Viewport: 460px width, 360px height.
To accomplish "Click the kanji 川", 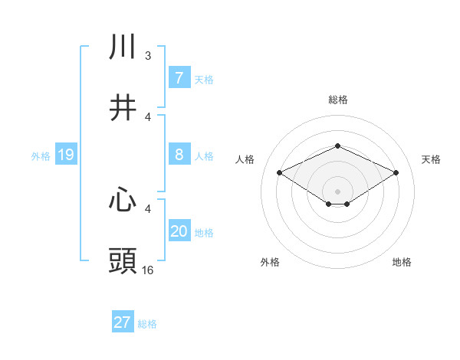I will tap(123, 47).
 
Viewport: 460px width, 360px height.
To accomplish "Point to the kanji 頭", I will tap(123, 260).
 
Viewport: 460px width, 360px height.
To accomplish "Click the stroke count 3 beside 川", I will tap(148, 56).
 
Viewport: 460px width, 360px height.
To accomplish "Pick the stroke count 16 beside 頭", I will tap(148, 270).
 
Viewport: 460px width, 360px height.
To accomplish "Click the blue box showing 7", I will tap(179, 78).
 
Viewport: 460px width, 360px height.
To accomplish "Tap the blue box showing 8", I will tap(179, 155).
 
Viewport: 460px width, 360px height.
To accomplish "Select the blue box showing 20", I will tap(179, 231).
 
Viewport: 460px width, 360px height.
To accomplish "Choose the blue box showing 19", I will tap(65, 155).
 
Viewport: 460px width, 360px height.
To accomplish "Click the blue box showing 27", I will tap(122, 322).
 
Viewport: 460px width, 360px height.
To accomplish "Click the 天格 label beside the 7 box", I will tap(204, 79).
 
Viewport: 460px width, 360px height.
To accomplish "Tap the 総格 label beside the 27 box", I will tap(147, 323).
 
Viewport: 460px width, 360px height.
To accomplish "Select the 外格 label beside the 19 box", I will tap(41, 155).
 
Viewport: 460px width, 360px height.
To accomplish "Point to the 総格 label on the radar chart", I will tap(337, 100).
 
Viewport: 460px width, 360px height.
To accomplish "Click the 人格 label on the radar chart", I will tap(245, 159).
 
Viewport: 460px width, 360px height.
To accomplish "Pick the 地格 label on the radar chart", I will tap(402, 262).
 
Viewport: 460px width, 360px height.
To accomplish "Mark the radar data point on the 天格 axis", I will tap(396, 173).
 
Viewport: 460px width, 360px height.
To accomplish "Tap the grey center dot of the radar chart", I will tap(337, 191).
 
